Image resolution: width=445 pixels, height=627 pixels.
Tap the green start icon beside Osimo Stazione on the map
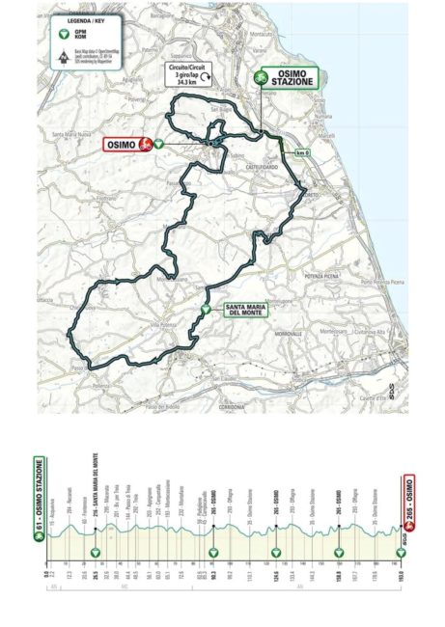(261, 77)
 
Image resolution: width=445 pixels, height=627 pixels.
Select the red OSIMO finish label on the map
(121, 144)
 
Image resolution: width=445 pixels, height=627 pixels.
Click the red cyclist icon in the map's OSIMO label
(144, 144)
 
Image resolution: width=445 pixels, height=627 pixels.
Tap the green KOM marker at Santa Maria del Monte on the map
(205, 310)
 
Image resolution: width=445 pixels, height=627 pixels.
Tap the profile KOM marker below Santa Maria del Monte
(96, 553)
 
